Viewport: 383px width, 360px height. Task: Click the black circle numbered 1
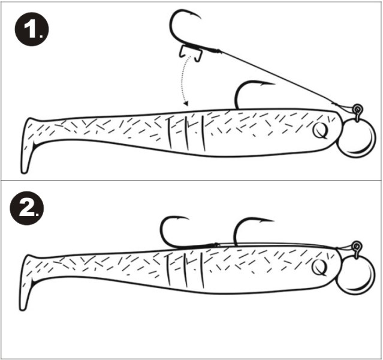click(32, 29)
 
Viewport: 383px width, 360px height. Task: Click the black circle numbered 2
click(27, 208)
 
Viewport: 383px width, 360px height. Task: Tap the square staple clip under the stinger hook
click(191, 52)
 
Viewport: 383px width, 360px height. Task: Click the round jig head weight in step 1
click(356, 137)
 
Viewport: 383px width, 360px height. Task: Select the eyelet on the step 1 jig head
click(357, 109)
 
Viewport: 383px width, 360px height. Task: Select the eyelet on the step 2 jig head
click(357, 245)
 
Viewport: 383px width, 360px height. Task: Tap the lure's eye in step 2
click(320, 267)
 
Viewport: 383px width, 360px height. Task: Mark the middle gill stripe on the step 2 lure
click(186, 270)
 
